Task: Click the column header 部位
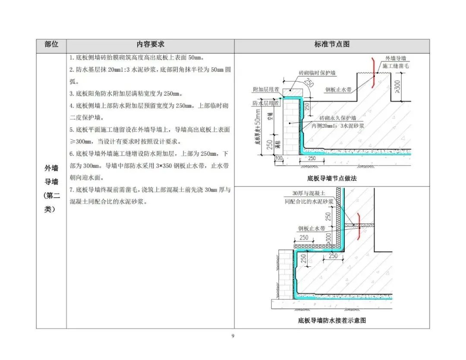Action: (x=51, y=45)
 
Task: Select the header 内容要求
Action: (x=150, y=45)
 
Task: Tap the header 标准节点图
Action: (x=332, y=45)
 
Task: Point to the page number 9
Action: (x=233, y=336)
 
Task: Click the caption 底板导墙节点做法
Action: (x=332, y=178)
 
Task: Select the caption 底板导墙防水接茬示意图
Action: (x=332, y=320)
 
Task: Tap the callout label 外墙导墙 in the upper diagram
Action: (x=395, y=58)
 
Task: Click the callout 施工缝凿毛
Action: (x=395, y=65)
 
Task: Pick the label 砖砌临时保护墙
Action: (x=317, y=73)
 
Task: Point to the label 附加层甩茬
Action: (x=264, y=89)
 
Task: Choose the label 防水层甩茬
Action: (x=264, y=103)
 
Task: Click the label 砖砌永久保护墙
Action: (x=337, y=118)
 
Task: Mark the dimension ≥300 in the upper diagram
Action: (x=397, y=86)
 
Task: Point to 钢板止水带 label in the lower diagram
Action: (x=311, y=228)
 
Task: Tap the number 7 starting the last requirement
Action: (x=71, y=189)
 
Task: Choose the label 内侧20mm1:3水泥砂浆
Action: (x=340, y=126)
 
